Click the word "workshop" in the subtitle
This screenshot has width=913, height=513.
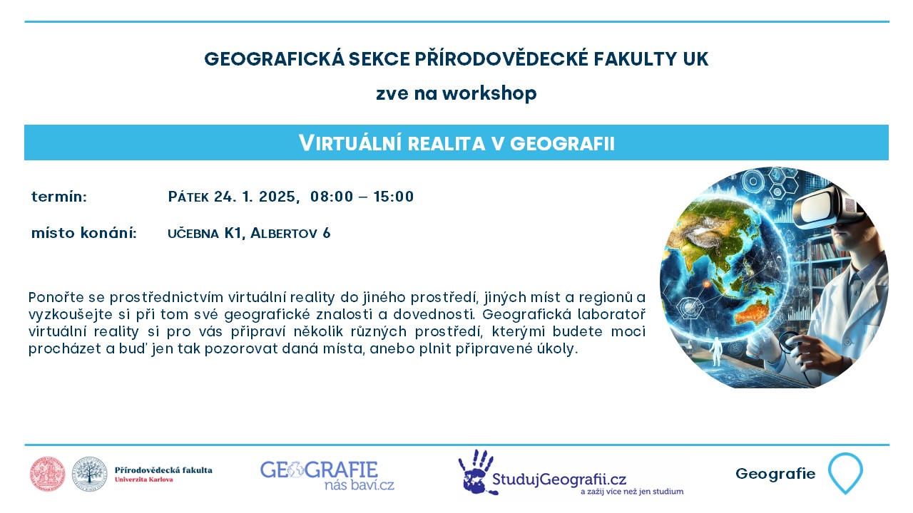[x=489, y=93]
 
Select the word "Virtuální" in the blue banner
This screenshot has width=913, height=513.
[x=351, y=143]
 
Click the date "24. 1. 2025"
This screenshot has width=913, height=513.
[x=257, y=197]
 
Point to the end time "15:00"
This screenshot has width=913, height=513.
[x=393, y=197]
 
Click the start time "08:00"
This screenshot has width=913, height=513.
[x=332, y=197]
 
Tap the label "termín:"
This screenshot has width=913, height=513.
[x=59, y=197]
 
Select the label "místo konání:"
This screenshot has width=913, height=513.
[x=84, y=233]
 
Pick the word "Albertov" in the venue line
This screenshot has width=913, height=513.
[x=284, y=233]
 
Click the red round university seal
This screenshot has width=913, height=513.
[x=47, y=474]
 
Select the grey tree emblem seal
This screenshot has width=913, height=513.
[x=89, y=474]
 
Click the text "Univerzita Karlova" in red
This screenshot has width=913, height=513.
[x=144, y=480]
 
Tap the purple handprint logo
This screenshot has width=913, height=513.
[x=476, y=472]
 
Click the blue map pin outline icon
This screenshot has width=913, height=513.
[x=845, y=473]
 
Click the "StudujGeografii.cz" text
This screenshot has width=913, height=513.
[x=558, y=479]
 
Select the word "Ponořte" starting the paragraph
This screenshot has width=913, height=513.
[x=56, y=298]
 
